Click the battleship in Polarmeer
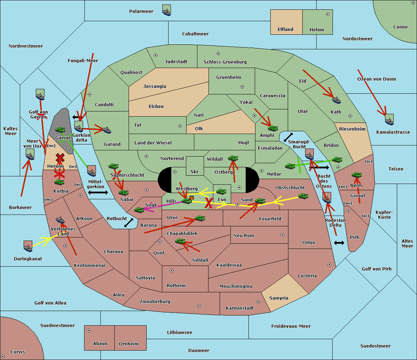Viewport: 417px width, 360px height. coord(167,10)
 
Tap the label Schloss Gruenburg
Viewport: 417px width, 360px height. coord(225,62)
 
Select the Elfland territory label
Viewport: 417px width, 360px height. coord(285,30)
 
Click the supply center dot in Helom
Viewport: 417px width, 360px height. coord(328,14)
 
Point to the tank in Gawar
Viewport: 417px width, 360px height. coord(60,129)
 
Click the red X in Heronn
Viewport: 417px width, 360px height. coord(60,158)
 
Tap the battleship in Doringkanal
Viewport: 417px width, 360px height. coord(28,246)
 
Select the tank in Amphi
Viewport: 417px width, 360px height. coord(273,128)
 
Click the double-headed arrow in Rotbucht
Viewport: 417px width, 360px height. coord(129,223)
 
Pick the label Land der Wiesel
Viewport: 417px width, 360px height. coord(153,143)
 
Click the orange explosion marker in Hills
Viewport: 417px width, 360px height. coord(191,198)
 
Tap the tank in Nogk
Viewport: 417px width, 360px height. coord(139,210)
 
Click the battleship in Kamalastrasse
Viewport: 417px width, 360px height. coord(389,119)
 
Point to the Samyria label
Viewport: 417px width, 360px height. coord(279,298)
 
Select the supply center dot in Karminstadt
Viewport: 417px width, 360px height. coord(258,302)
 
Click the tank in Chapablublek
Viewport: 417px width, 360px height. coord(180,241)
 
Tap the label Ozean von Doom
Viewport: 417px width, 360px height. coord(377,79)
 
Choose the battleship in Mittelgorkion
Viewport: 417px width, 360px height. coord(92,171)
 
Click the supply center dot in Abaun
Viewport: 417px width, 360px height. coord(89,330)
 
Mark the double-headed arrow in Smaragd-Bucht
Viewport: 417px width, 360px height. coord(288,137)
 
